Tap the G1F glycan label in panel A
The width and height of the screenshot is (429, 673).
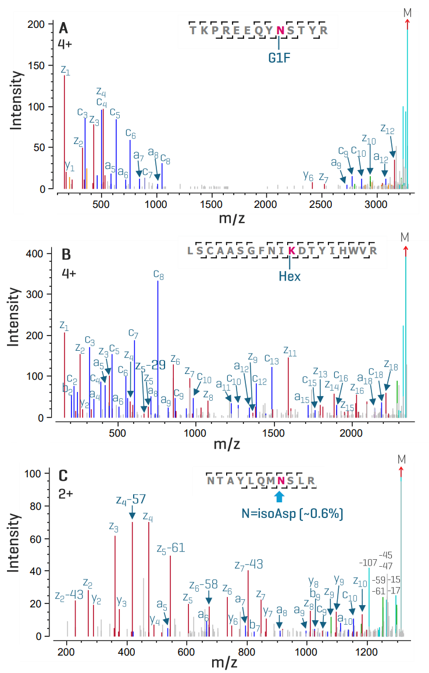[x=279, y=58]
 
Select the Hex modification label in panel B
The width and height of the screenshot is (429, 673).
[x=289, y=276]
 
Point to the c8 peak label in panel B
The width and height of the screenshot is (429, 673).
[x=158, y=273]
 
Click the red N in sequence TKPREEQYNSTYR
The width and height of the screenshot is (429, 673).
[x=280, y=30]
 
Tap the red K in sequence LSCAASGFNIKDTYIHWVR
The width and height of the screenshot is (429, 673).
[x=292, y=250]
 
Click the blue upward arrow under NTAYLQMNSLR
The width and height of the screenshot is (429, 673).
[x=279, y=496]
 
